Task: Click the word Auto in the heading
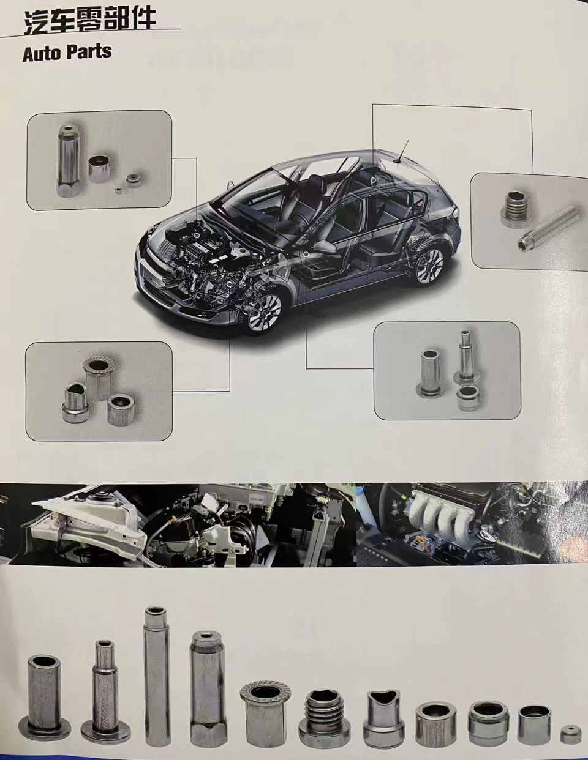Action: pyautogui.click(x=41, y=53)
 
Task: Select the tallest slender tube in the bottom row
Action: pyautogui.click(x=154, y=673)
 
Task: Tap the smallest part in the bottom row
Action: pyautogui.click(x=570, y=734)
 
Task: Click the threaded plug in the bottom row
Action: pyautogui.click(x=323, y=716)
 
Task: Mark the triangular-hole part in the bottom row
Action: pyautogui.click(x=383, y=716)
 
